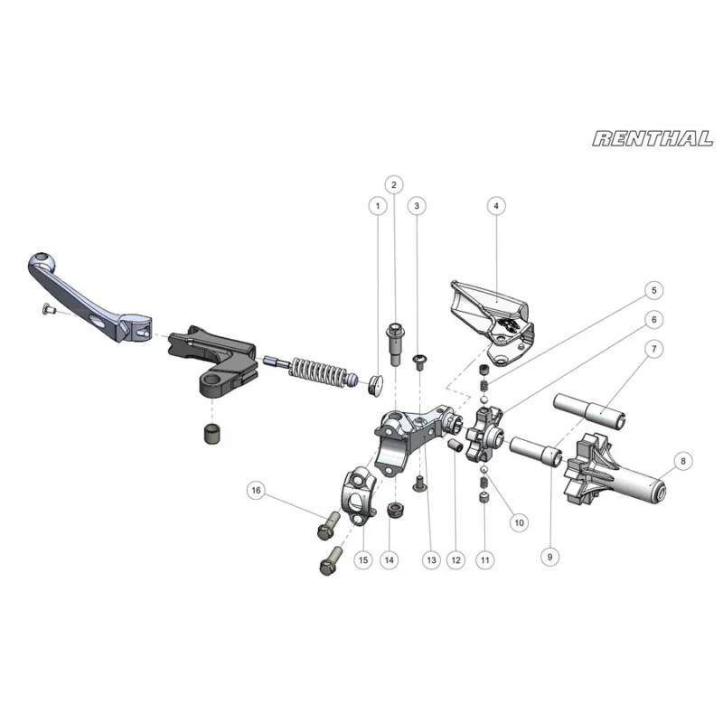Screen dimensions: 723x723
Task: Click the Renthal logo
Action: tap(653, 139)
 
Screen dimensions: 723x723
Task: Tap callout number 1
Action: tap(378, 206)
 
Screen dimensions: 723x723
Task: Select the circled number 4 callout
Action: tap(496, 206)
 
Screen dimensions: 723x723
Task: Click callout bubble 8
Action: tap(683, 461)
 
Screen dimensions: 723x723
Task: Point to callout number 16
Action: tap(257, 490)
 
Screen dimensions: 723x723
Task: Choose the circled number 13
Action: tap(431, 560)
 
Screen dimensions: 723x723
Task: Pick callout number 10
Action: tap(519, 523)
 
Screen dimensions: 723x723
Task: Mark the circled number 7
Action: tap(653, 349)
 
